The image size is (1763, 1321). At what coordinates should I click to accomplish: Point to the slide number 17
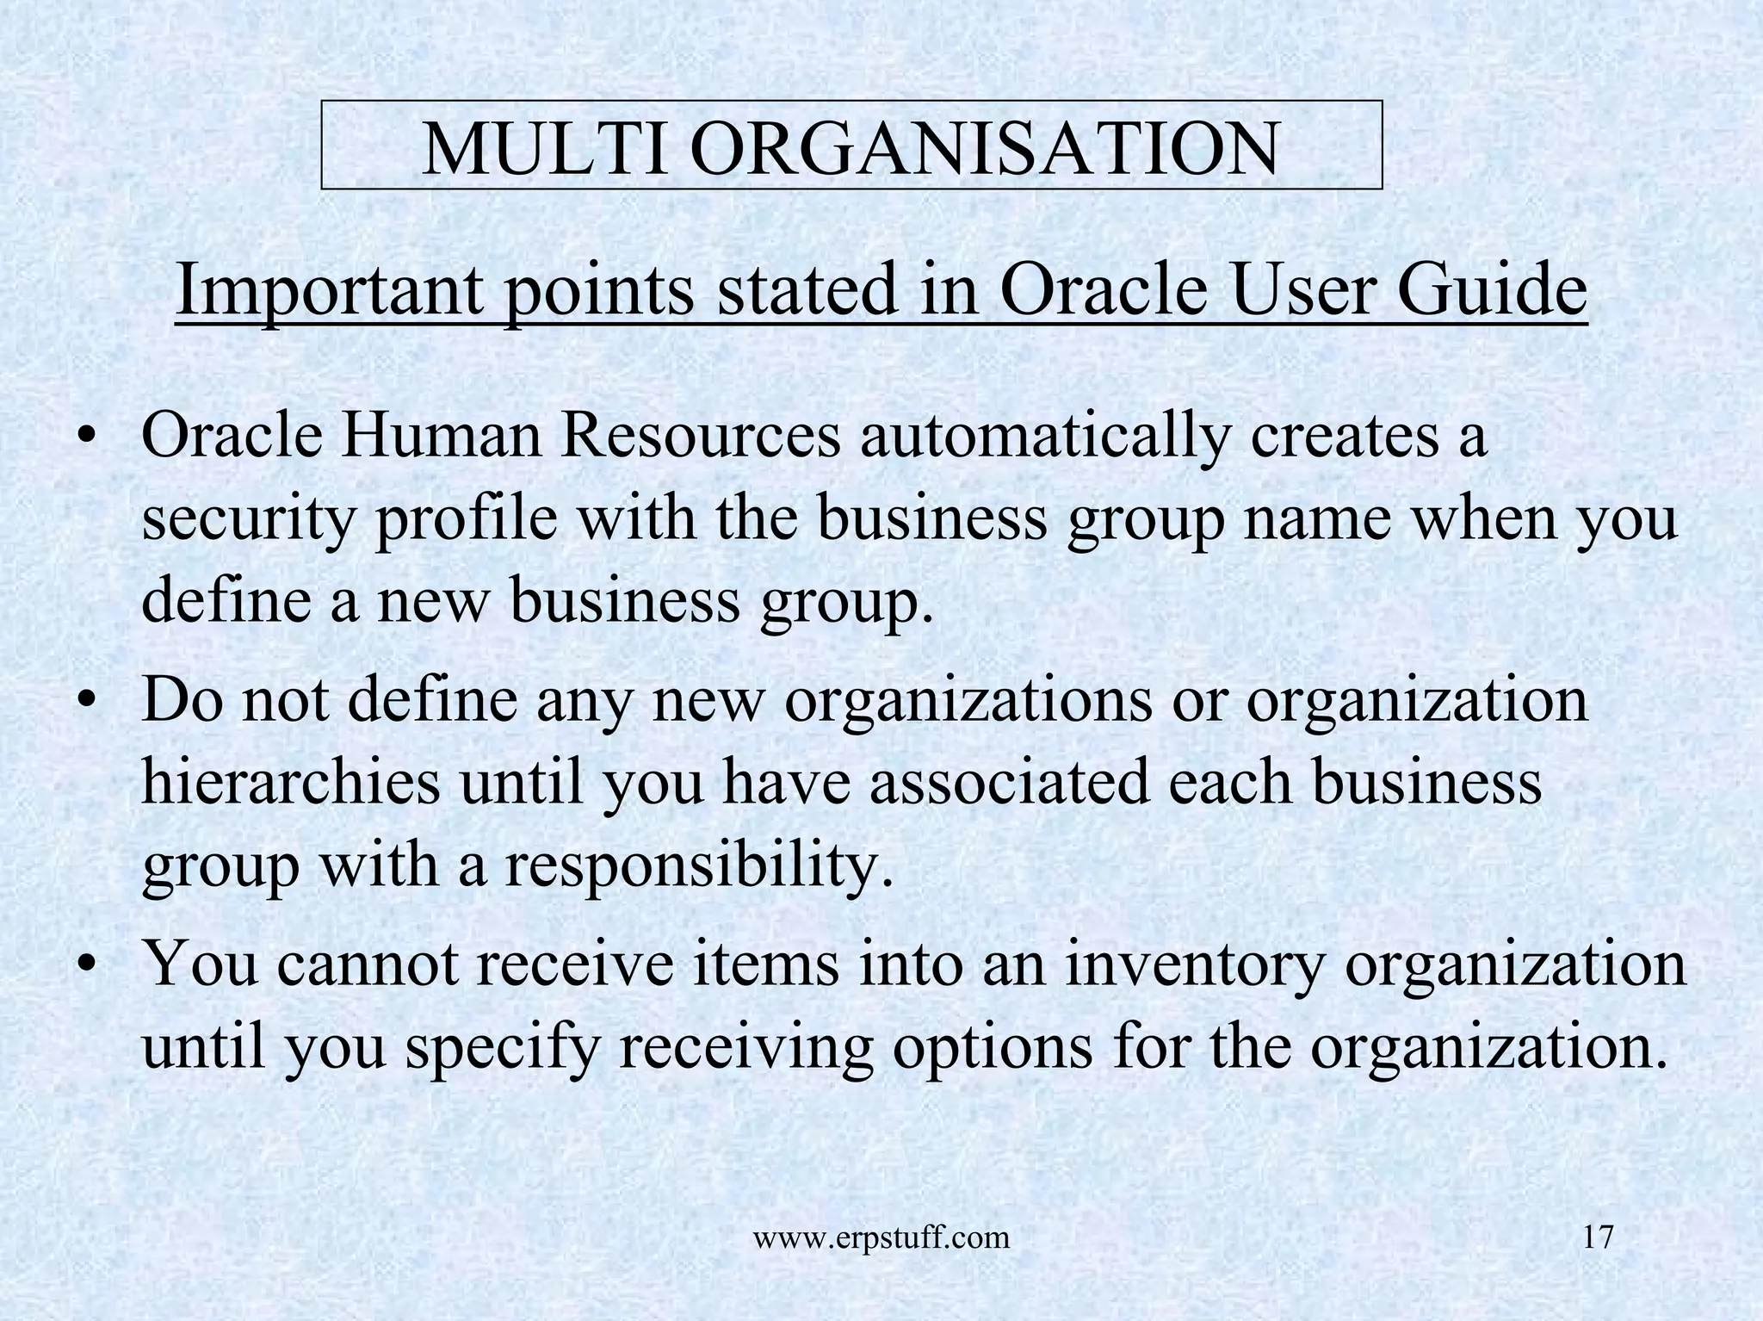[1598, 1238]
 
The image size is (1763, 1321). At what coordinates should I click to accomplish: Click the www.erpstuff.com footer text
[881, 1239]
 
